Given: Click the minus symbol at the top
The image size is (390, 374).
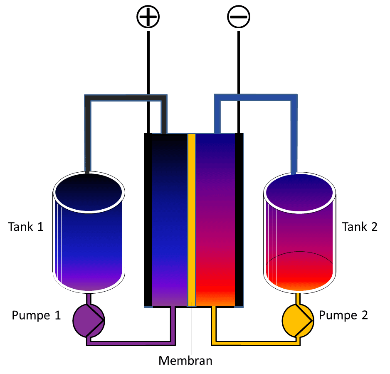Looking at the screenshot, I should click(x=238, y=17).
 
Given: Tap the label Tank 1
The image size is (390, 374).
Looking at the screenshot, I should click(x=26, y=227).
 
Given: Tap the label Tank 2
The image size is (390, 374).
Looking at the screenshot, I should click(x=360, y=227).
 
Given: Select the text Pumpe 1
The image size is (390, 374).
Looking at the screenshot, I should click(x=36, y=315).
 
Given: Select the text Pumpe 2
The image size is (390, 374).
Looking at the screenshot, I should click(x=343, y=315).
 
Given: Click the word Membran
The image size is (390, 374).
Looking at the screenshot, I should click(x=185, y=360).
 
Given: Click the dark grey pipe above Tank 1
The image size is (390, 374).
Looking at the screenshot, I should click(x=125, y=98).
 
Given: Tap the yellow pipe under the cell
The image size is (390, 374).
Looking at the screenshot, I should click(x=254, y=343).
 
